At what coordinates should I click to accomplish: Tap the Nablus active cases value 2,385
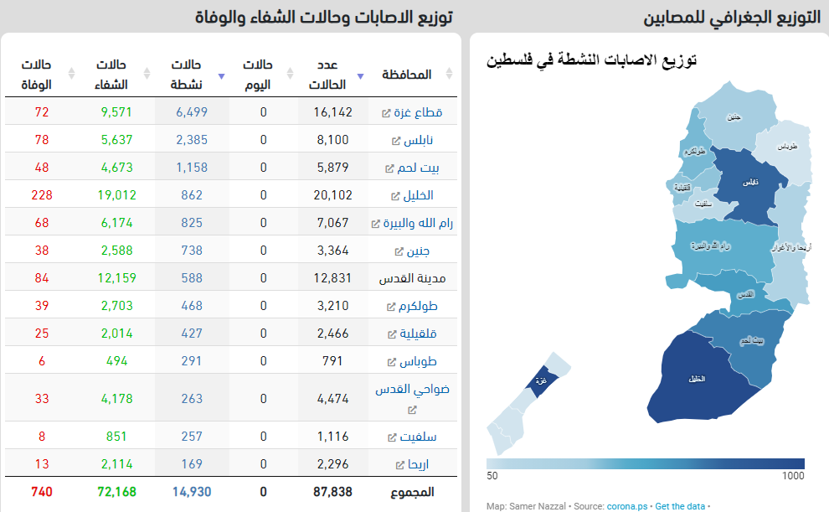192,140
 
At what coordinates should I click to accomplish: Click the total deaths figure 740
41,492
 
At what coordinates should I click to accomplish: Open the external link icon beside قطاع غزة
386,113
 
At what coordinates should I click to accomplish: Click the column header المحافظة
407,75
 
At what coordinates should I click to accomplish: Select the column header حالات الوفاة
37,75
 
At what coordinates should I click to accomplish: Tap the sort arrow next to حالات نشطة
221,75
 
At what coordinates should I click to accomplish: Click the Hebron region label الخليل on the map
696,379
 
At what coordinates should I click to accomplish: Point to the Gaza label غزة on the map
541,380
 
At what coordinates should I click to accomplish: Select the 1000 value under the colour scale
792,476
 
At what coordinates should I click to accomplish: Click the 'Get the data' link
680,506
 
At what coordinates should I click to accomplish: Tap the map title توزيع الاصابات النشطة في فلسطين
592,61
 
